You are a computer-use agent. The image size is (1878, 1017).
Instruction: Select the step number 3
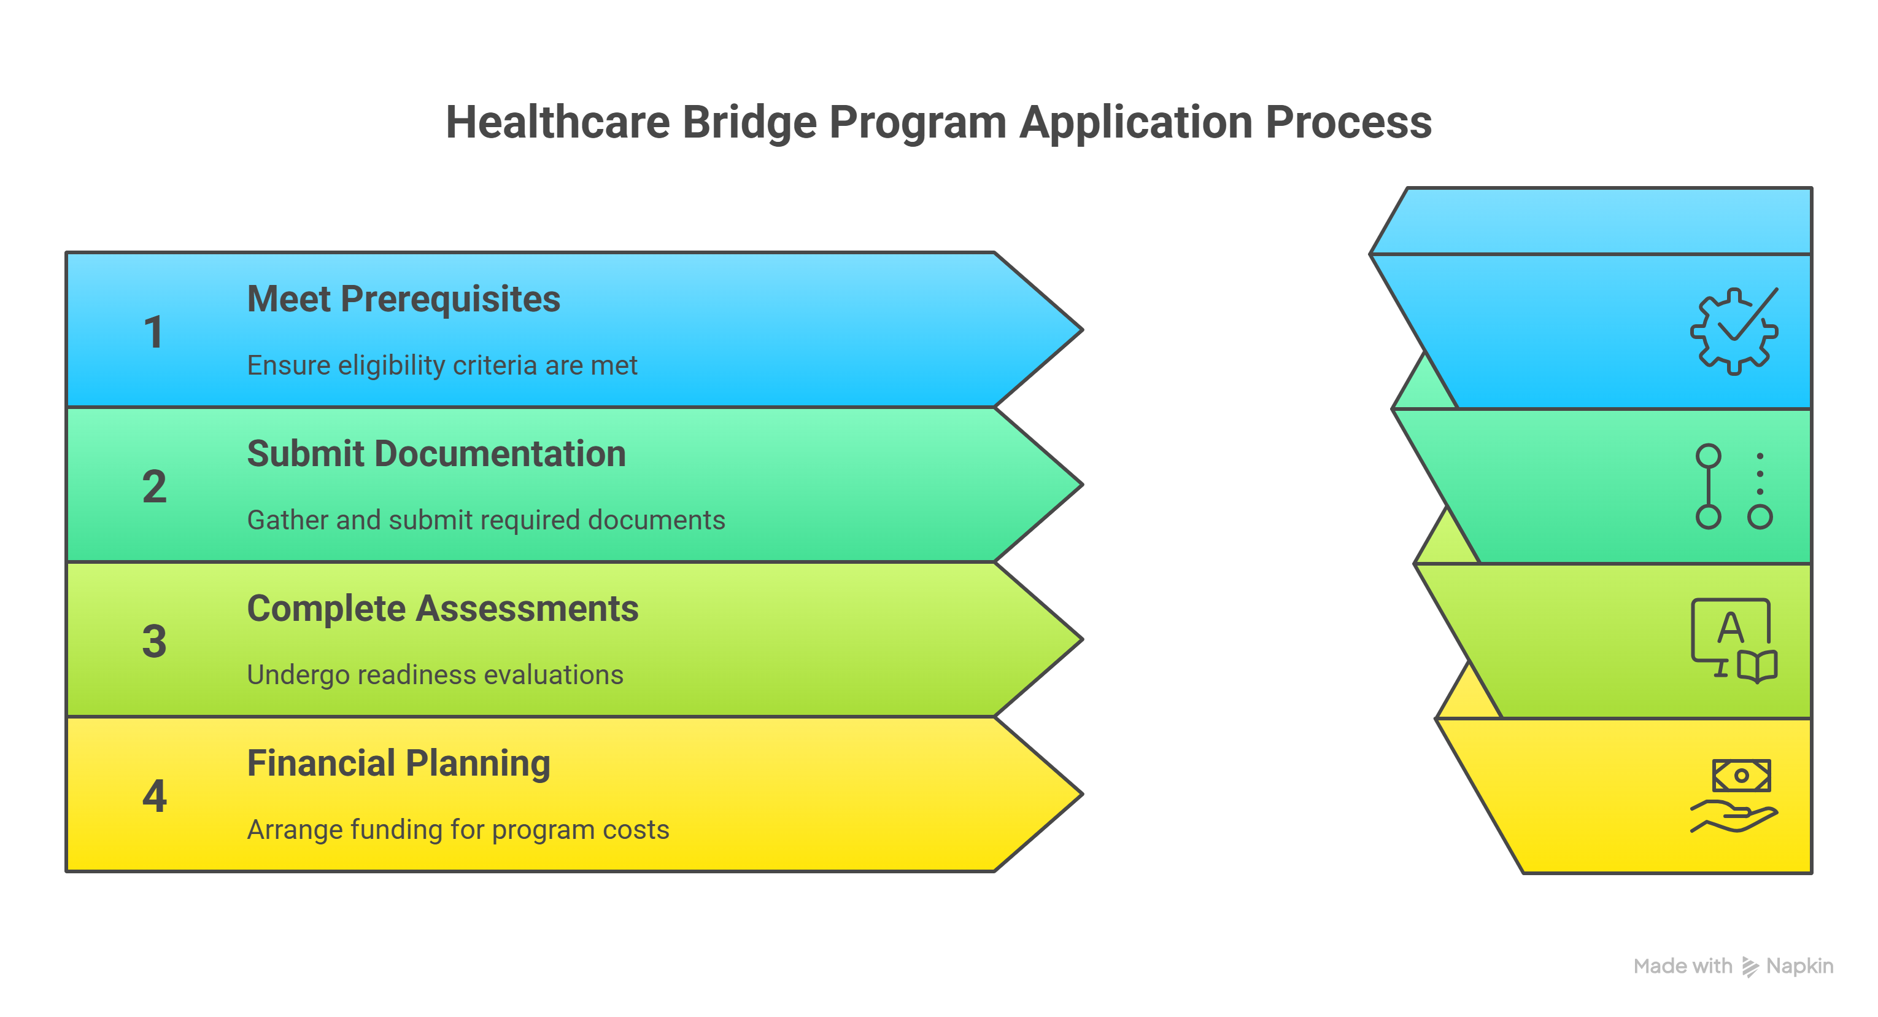[x=155, y=641]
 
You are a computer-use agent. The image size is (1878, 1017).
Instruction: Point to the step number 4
[x=155, y=796]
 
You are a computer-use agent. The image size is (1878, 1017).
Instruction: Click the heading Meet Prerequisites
[x=403, y=299]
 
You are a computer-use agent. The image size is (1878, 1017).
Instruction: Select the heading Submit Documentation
[x=436, y=454]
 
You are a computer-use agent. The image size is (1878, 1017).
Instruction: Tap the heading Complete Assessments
[x=442, y=609]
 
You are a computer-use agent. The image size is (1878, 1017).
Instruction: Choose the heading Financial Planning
[x=398, y=763]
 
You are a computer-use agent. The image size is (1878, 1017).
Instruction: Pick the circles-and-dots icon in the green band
[x=1734, y=486]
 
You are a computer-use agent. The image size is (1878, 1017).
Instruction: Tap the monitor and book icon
[x=1734, y=641]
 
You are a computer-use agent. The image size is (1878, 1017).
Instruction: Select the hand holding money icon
[x=1734, y=796]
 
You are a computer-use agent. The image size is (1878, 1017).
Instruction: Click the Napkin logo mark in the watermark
[x=1750, y=967]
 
